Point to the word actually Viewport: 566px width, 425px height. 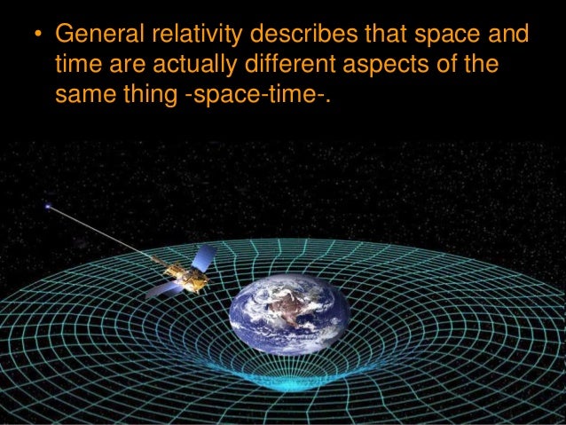pos(181,67)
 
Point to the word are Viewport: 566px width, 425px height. pos(120,68)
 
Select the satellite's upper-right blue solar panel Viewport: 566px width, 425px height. pos(205,258)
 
